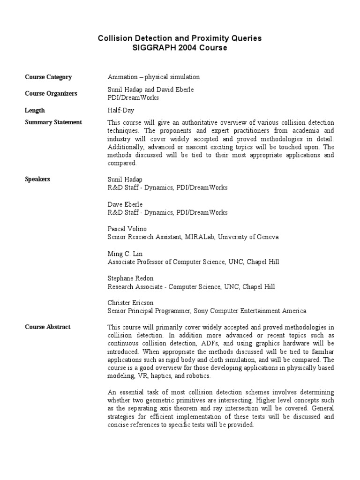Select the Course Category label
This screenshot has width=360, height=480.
(48, 77)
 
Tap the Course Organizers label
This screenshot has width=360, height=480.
(51, 93)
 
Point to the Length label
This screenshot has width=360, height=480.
(35, 110)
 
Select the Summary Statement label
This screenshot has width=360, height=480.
(53, 122)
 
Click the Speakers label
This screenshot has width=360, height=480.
(37, 179)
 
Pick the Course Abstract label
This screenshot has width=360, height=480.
(48, 327)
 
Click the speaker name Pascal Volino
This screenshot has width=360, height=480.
(127, 229)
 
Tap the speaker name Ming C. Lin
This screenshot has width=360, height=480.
(125, 254)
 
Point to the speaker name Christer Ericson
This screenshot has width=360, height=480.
(130, 303)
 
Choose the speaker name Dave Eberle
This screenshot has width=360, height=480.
(125, 204)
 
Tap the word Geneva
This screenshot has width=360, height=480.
(268, 237)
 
